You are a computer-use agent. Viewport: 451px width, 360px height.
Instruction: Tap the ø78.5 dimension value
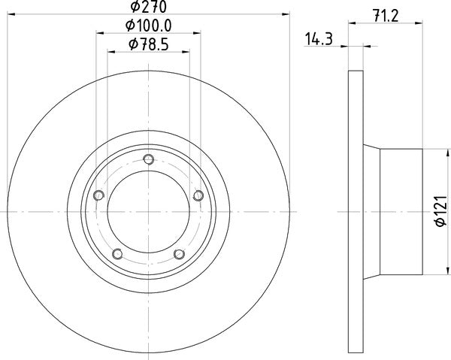tap(148, 45)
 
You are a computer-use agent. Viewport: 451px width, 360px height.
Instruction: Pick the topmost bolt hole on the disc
tap(148, 159)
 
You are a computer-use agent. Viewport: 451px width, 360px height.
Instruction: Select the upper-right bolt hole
tap(198, 195)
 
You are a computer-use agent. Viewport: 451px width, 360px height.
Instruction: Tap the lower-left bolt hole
tap(117, 254)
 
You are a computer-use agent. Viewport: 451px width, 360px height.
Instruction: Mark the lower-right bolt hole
tap(179, 254)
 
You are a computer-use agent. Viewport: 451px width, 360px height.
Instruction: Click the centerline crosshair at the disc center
tap(148, 213)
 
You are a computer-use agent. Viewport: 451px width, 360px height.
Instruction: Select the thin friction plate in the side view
tap(356, 213)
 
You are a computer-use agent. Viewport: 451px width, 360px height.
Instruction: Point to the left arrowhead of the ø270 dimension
tap(11, 14)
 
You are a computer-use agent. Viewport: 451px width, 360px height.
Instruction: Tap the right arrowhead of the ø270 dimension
tap(286, 14)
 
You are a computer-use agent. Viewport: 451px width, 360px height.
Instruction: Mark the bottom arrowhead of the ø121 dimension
tap(440, 274)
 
